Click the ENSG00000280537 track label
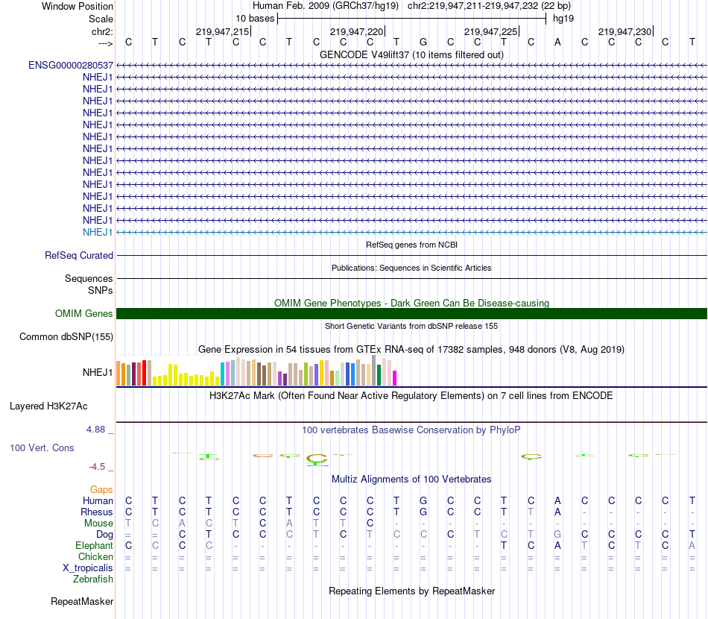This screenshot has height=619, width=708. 71,65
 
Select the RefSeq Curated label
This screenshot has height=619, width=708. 79,255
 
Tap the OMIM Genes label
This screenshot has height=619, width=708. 84,314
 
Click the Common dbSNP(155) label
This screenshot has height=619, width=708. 66,336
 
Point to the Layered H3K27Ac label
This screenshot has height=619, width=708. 48,406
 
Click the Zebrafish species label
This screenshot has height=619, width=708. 93,579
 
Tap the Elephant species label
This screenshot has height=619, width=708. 95,545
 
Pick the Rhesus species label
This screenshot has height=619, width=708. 97,512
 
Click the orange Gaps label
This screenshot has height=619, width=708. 101,489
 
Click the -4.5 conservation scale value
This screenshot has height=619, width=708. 98,467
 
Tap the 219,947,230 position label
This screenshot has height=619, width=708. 625,31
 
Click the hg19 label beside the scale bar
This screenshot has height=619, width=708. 563,18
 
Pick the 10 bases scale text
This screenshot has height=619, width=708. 255,18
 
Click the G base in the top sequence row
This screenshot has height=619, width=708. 423,42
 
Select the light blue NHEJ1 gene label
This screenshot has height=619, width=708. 98,232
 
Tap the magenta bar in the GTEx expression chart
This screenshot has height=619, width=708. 394,378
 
